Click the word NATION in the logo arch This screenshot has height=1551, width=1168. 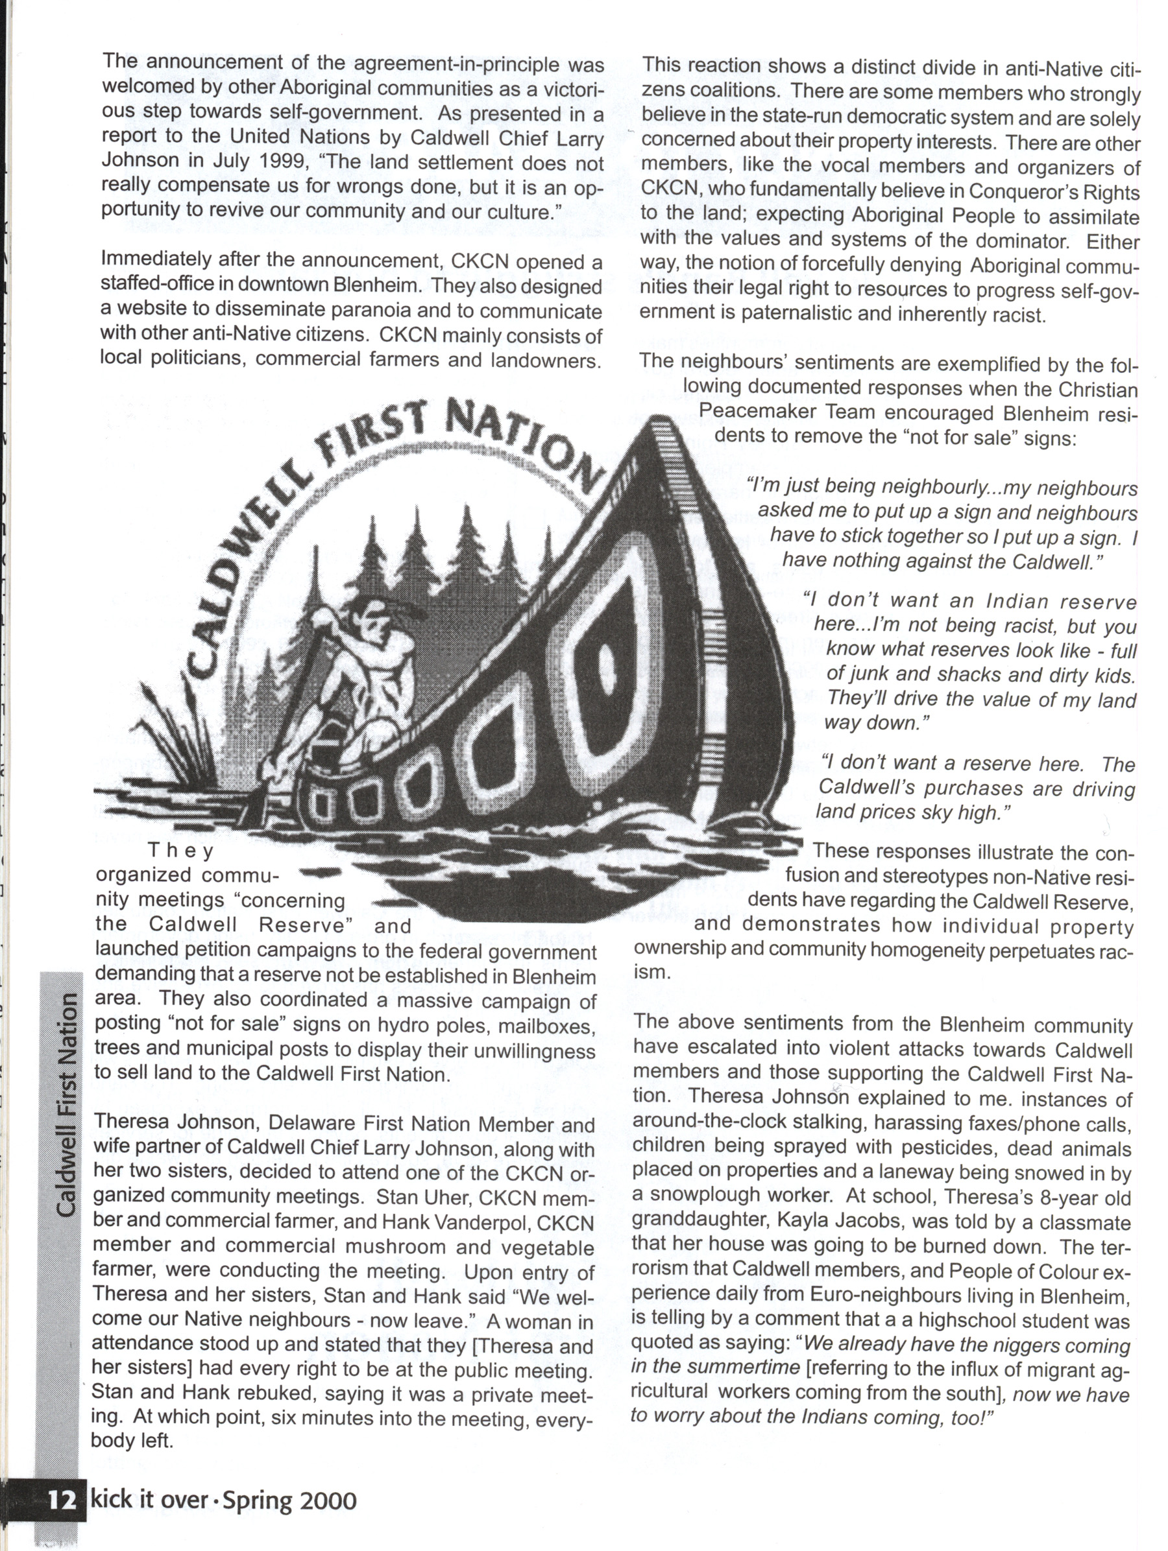click(521, 442)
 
